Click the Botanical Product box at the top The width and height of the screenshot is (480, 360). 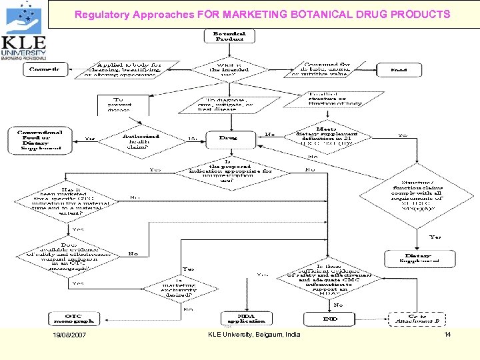(x=229, y=37)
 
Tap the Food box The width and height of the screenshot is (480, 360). (x=399, y=69)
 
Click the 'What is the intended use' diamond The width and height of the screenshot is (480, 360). (x=229, y=69)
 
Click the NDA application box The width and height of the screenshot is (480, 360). (x=247, y=319)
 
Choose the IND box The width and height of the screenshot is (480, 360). (x=330, y=319)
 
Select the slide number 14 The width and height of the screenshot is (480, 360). (x=447, y=334)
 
